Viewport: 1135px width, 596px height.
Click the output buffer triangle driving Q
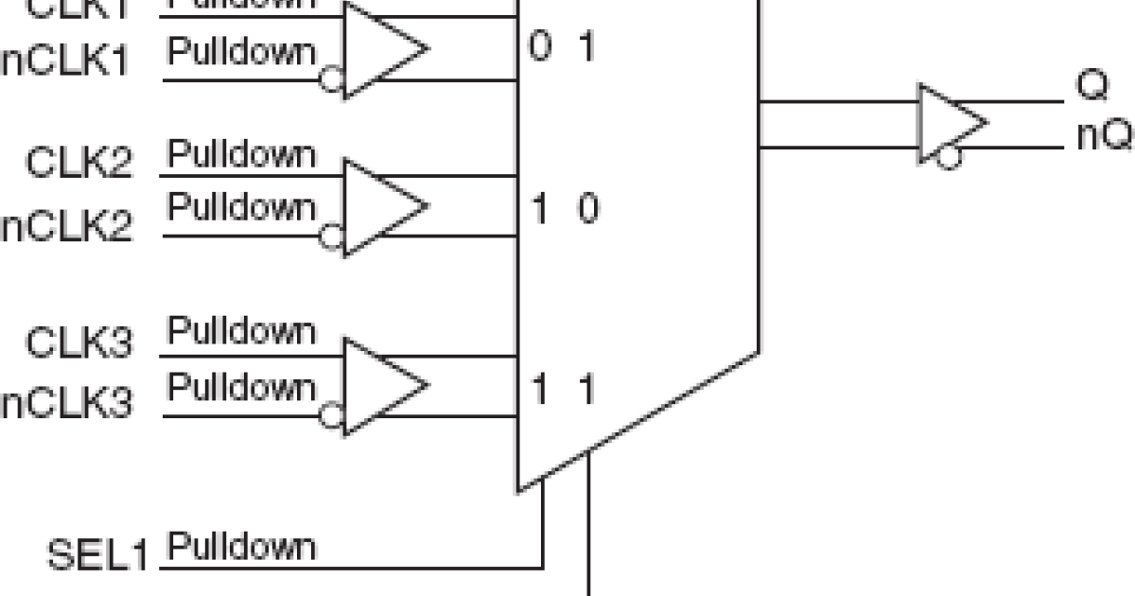coord(949,123)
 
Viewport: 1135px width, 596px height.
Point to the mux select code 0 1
coord(561,47)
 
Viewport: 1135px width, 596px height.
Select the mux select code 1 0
coord(563,208)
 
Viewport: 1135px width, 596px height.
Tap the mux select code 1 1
coord(563,389)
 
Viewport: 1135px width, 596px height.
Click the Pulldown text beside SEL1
coord(241,548)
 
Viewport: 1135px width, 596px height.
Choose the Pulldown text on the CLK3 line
coord(241,332)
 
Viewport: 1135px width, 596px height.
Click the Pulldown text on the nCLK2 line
coord(241,206)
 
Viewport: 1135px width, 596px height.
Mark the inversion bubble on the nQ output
coord(948,157)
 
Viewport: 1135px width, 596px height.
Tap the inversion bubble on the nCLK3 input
coord(331,415)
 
